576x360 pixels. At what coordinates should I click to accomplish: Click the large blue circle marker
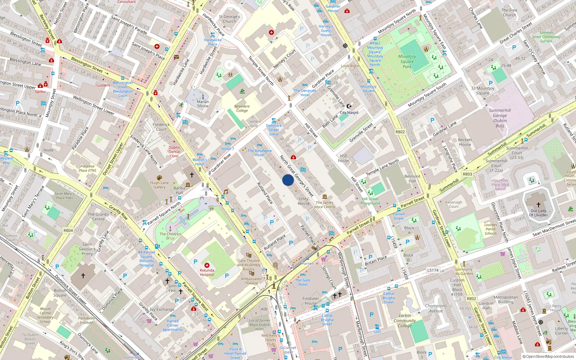pos(288,180)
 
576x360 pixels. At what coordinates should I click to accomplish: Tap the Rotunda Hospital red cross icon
pos(207,265)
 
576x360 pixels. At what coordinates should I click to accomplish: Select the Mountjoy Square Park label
pos(407,62)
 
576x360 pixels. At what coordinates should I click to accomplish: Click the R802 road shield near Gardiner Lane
pos(400,132)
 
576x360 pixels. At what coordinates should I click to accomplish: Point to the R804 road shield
pos(68,230)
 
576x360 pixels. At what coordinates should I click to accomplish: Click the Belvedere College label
pos(242,108)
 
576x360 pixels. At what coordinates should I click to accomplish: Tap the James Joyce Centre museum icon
pos(325,197)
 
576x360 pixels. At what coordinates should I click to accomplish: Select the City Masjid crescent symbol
pos(349,106)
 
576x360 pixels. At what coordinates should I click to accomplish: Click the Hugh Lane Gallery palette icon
pos(159,177)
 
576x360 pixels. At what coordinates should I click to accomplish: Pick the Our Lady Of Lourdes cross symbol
pos(539,205)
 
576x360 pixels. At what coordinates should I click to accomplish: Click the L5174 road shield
pos(433,270)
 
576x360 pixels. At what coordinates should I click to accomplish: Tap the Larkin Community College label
pos(405,320)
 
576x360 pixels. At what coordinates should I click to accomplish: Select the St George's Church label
pos(229,19)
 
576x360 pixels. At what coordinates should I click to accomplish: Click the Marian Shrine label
pos(203,104)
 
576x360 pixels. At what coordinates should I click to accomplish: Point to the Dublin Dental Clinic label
pos(174,152)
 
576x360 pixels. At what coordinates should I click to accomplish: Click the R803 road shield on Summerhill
pos(467,174)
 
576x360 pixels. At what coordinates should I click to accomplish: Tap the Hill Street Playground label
pos(370,201)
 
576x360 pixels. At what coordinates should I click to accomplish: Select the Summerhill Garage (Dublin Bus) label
pos(500,118)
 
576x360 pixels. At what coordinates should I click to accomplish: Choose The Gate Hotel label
pos(303,282)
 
